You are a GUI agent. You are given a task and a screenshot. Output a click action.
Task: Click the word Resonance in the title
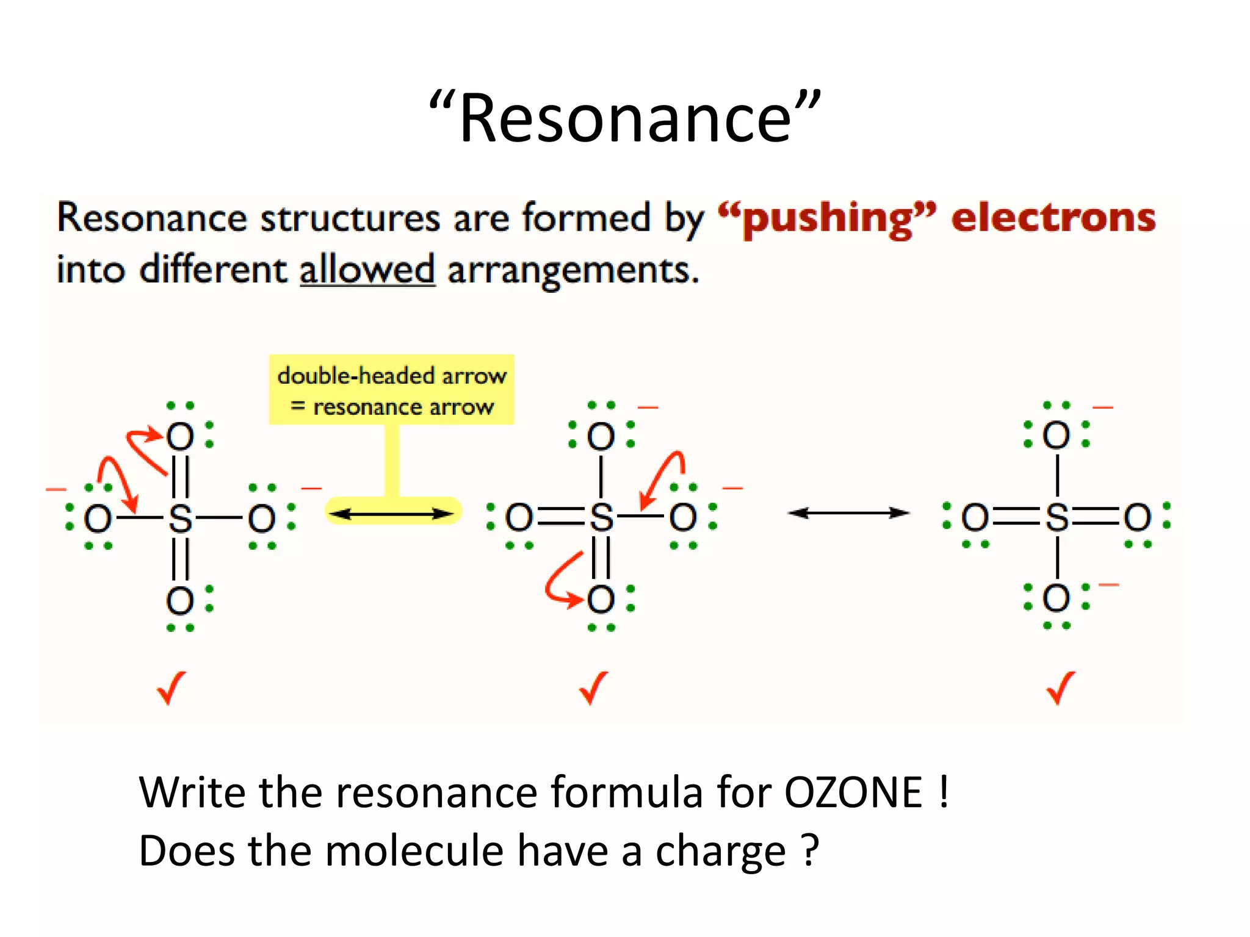coord(625,117)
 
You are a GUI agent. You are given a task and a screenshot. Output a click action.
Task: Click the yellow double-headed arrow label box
coord(391,389)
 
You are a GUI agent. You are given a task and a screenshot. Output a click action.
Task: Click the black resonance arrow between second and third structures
coord(848,513)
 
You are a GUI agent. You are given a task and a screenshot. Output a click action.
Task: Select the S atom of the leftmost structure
coord(180,519)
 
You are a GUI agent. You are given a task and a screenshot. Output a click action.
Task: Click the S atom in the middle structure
coord(601,517)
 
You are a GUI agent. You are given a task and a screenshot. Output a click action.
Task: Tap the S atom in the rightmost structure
coord(1057,517)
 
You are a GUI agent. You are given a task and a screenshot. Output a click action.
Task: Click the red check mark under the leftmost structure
coord(171,688)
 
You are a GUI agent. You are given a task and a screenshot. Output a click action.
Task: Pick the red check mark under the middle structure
coord(593,688)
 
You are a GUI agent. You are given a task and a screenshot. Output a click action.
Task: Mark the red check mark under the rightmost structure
coord(1061,688)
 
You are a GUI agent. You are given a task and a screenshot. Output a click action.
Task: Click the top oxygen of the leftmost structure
coord(180,436)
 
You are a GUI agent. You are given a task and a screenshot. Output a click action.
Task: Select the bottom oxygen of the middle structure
coord(601,599)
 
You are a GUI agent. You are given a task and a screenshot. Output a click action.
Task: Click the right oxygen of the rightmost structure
coord(1138,517)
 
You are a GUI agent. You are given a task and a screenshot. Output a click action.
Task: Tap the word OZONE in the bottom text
coord(853,792)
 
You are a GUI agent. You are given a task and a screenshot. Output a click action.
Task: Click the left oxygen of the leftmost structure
coord(98,519)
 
